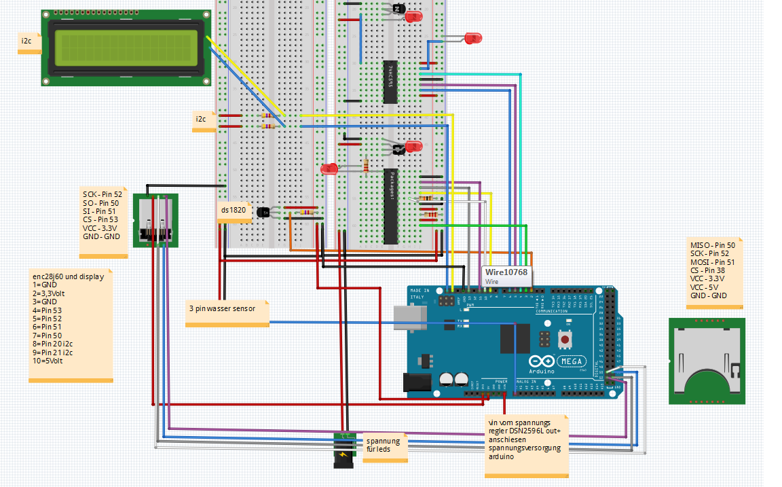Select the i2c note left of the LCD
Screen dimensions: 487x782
pyautogui.click(x=27, y=41)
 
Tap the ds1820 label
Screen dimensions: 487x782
pyautogui.click(x=233, y=211)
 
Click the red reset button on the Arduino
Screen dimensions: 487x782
pyautogui.click(x=563, y=338)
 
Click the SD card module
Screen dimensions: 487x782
pyautogui.click(x=706, y=361)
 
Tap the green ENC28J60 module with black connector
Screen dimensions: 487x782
pyautogui.click(x=155, y=221)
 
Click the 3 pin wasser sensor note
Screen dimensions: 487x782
pyautogui.click(x=222, y=308)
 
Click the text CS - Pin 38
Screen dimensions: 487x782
pyautogui.click(x=709, y=270)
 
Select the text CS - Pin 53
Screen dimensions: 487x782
pyautogui.click(x=100, y=219)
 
